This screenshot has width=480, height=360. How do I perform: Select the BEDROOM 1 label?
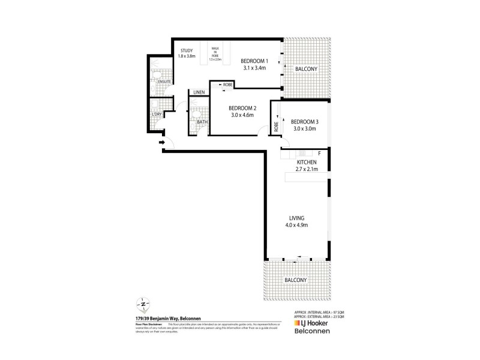pos(254,61)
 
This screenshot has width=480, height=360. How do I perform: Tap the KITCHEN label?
pos(307,163)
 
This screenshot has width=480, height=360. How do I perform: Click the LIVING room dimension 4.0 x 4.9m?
pos(298,225)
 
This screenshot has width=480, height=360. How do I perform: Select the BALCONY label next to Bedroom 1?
pos(306,70)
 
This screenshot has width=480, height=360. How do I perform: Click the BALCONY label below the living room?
pos(296,280)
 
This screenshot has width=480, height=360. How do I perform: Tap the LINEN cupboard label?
pos(199,92)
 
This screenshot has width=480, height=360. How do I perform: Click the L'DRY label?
pos(157,114)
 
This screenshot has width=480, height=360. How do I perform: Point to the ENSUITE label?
pos(164,81)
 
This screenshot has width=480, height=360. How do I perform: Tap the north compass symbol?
pos(142,302)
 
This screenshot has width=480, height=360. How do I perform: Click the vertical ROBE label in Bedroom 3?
pos(276,127)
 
